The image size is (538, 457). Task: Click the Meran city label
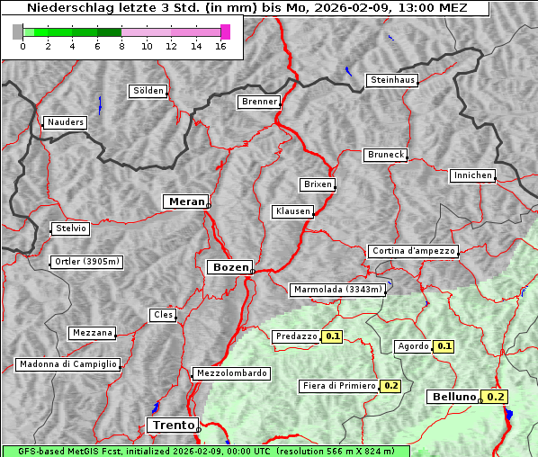point(185,202)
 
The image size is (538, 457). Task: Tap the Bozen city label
point(229,267)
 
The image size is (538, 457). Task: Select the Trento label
point(170,425)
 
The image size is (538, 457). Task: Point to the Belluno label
point(453,397)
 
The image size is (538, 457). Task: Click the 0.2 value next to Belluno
point(497,397)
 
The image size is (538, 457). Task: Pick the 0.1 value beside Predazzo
point(332,336)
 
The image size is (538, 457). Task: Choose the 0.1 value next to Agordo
point(444,346)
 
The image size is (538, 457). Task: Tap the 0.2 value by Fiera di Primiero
point(390,386)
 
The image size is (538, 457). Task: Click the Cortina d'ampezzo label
point(413,251)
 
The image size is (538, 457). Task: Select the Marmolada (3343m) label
point(338,290)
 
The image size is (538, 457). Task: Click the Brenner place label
point(260,102)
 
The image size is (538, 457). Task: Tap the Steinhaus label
point(393,81)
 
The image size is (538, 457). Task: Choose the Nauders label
point(65,122)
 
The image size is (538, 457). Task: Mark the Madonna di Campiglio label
point(67,364)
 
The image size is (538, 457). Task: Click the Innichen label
point(472,175)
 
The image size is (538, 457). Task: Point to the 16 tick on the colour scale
point(220,46)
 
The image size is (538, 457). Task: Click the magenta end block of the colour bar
point(226,31)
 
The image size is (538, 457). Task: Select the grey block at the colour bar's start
point(18,31)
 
